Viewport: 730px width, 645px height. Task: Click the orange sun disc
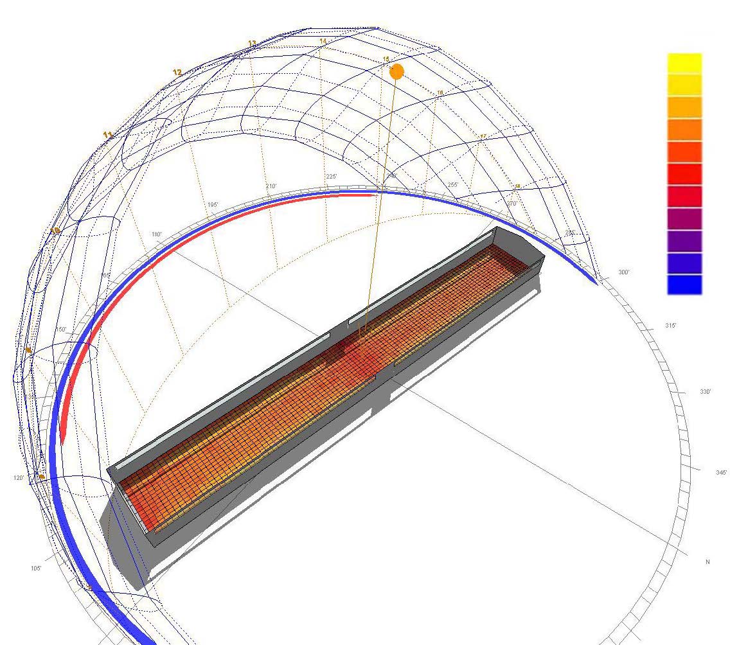396,71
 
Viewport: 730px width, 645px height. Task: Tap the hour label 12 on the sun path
177,73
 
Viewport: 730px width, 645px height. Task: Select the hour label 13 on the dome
252,44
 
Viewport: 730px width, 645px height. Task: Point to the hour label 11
108,135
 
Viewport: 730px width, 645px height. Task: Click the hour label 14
323,42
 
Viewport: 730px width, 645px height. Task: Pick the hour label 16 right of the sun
440,93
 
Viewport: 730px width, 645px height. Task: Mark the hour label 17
483,136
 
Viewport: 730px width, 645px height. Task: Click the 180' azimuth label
156,234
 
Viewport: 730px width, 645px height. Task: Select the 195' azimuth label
212,205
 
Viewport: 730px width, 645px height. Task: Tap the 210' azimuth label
271,186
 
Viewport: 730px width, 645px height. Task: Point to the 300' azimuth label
623,272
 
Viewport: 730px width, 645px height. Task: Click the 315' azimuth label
670,326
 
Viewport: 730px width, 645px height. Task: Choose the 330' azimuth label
705,392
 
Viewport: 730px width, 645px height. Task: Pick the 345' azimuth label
721,472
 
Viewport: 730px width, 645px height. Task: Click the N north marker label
708,562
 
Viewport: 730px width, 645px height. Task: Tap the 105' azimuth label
36,569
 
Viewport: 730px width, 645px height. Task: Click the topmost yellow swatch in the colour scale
684,63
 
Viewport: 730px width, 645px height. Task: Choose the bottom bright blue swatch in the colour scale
684,285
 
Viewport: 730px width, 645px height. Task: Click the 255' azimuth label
453,184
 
